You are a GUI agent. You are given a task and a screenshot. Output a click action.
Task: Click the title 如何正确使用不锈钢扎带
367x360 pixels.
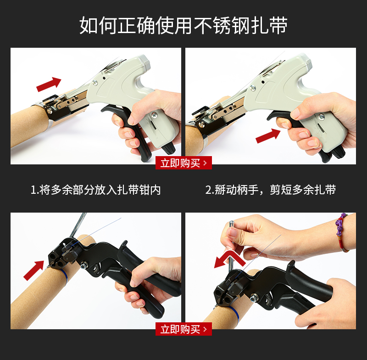click(183, 25)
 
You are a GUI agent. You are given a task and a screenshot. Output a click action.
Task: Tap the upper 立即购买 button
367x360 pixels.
click(183, 163)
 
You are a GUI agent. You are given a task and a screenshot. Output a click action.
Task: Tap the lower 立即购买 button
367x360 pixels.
click(183, 329)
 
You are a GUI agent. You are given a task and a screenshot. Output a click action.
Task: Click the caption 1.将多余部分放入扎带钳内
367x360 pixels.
click(96, 190)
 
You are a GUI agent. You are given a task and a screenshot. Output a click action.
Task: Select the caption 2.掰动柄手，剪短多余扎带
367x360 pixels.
click(271, 190)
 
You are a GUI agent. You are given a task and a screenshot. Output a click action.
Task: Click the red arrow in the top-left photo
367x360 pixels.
click(49, 84)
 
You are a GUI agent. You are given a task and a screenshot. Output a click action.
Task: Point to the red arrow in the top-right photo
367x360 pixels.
click(268, 136)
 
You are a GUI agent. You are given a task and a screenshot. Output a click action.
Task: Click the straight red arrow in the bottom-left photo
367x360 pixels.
click(34, 270)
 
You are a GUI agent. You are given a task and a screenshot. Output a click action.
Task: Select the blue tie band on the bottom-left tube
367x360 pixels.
click(64, 276)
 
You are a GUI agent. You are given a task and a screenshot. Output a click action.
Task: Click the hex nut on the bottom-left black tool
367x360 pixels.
click(83, 266)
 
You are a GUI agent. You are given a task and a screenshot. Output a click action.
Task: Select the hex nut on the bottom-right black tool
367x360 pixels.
click(253, 298)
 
